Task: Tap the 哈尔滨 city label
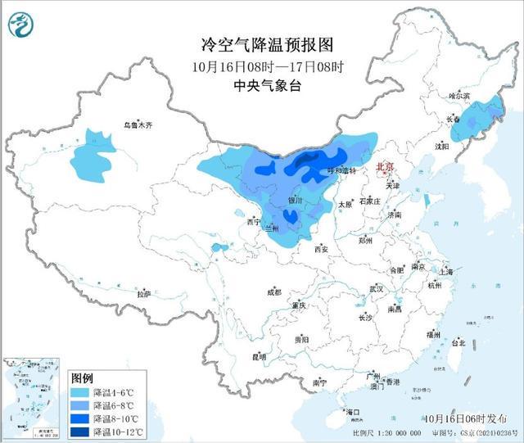click(x=460, y=96)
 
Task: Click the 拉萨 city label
click(x=144, y=294)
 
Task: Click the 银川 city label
click(x=295, y=201)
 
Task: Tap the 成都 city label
click(x=273, y=292)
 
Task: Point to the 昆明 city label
click(x=259, y=356)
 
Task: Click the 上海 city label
click(x=446, y=271)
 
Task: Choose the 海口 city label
click(x=353, y=411)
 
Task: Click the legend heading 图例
click(x=83, y=378)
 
